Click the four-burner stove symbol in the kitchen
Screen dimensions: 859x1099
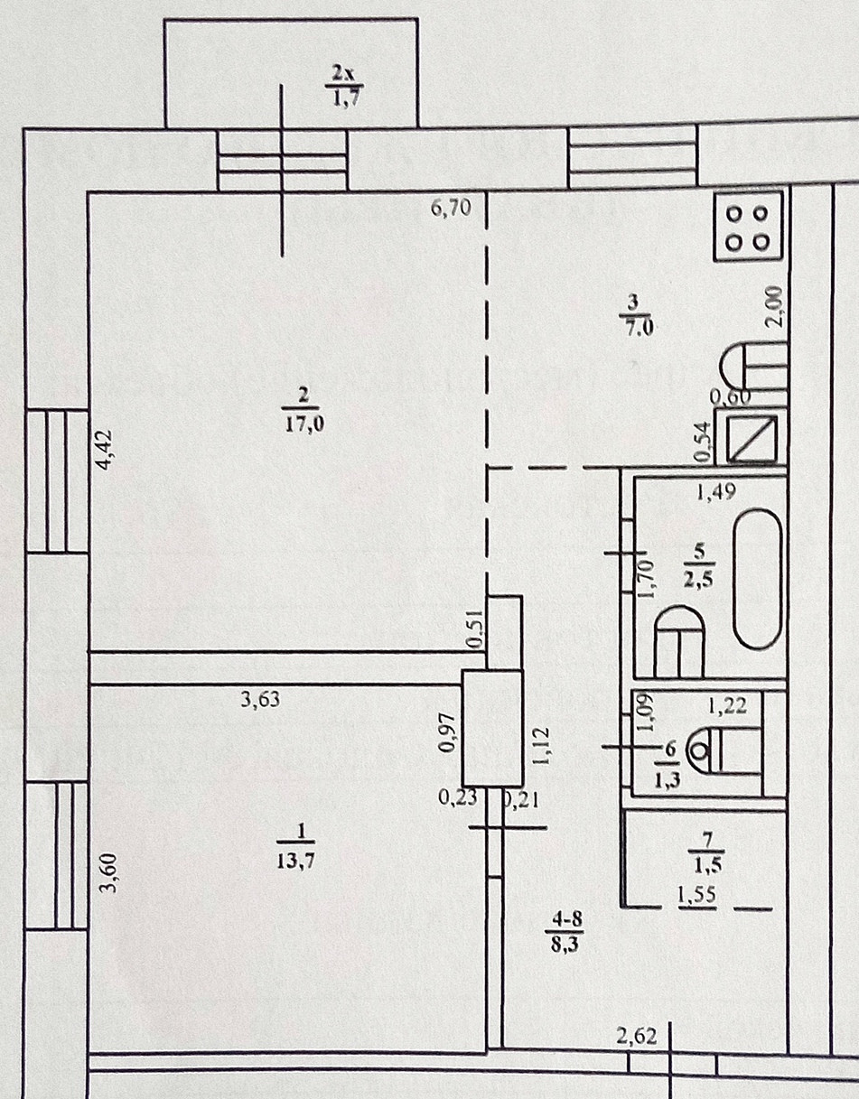click(x=748, y=227)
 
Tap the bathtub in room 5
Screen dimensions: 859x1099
click(x=756, y=579)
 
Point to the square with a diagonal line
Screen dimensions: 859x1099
click(x=751, y=436)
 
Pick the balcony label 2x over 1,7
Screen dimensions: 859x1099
click(x=340, y=82)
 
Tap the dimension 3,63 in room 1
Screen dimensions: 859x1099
click(x=258, y=699)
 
